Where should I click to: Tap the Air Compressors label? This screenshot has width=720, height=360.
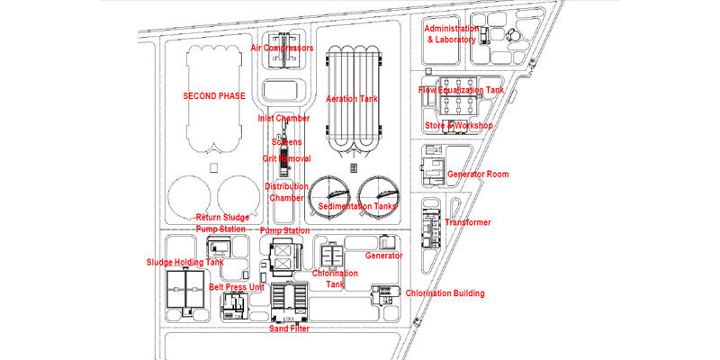(282, 48)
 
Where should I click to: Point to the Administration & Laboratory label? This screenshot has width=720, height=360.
(459, 34)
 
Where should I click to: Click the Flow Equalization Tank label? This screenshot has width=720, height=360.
(462, 90)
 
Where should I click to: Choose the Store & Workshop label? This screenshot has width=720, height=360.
(459, 125)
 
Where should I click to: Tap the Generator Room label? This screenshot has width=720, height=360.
(478, 174)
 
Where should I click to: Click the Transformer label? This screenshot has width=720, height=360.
(468, 222)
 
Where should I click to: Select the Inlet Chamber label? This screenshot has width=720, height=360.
(283, 118)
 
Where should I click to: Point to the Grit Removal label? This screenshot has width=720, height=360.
(286, 158)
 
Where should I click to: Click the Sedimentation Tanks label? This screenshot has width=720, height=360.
(356, 206)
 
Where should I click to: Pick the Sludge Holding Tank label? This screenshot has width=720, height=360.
(184, 262)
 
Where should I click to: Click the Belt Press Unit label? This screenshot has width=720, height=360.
(237, 287)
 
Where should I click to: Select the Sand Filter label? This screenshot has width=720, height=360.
(290, 329)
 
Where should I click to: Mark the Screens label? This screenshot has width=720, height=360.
(286, 142)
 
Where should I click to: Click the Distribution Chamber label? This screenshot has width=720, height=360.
(286, 192)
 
